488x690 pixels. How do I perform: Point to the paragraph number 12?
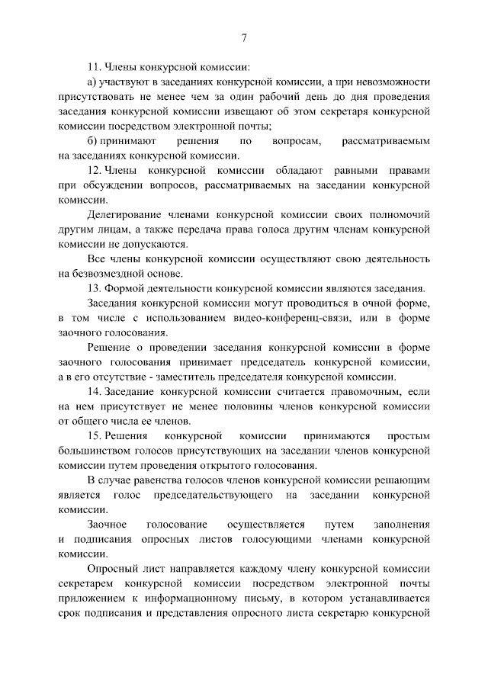point(95,171)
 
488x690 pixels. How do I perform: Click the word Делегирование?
point(124,215)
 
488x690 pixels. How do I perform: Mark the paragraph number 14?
point(95,391)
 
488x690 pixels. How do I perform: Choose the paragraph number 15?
point(95,435)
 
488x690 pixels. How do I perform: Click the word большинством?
point(91,451)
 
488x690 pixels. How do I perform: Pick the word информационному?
point(239,599)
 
